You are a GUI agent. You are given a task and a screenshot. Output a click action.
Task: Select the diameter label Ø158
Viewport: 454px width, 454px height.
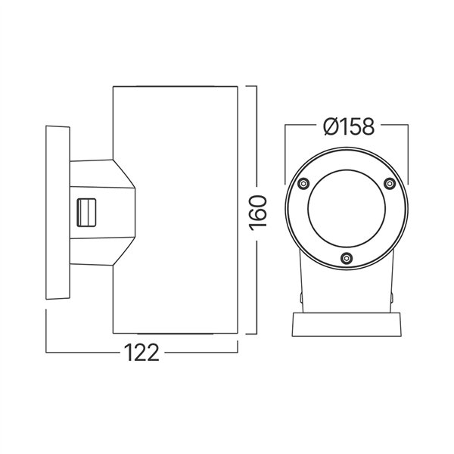click(347, 126)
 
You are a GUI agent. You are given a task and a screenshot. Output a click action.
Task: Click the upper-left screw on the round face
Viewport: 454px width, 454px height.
click(303, 183)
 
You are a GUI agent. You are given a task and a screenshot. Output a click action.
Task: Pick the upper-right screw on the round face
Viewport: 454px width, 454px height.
click(390, 183)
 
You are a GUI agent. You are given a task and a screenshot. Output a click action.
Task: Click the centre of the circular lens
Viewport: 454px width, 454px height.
click(347, 215)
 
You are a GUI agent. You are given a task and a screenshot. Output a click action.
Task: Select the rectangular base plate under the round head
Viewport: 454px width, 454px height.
click(347, 325)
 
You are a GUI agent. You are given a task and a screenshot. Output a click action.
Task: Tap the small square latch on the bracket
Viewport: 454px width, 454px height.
click(87, 211)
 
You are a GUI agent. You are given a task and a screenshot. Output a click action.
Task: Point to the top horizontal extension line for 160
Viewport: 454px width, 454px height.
click(250, 87)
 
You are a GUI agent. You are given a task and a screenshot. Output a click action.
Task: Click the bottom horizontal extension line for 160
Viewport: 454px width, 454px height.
click(250, 334)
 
